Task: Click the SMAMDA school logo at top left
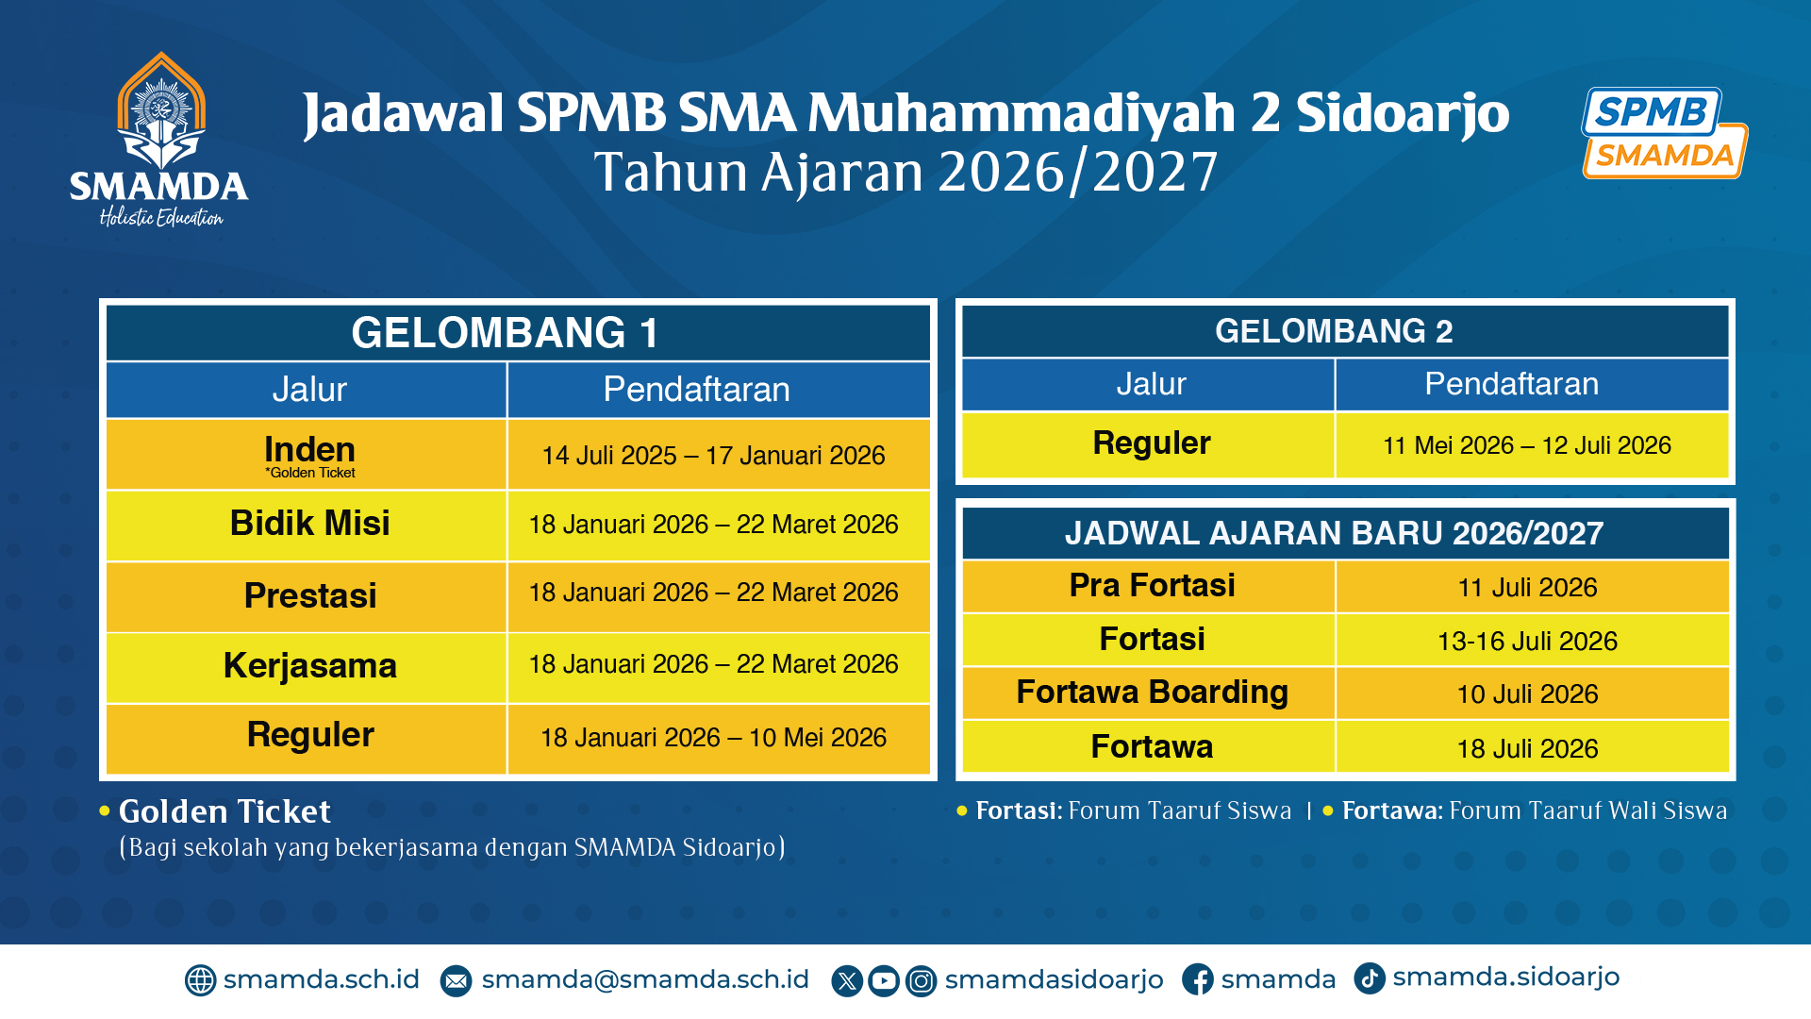click(x=159, y=140)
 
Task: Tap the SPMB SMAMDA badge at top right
click(x=1665, y=133)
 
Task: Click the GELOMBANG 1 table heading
click(x=505, y=333)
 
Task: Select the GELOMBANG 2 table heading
click(x=1334, y=331)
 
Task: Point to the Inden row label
click(x=309, y=450)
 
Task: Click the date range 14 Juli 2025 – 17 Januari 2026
click(x=713, y=456)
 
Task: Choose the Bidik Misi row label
click(x=309, y=523)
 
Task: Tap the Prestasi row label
click(x=310, y=595)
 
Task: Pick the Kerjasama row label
click(x=310, y=666)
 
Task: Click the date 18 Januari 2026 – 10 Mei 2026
click(x=713, y=738)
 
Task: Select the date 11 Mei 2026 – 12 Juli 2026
click(x=1527, y=445)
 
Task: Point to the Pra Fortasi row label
click(x=1152, y=586)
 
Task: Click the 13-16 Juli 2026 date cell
click(x=1527, y=642)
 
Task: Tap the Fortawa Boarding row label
click(x=1152, y=693)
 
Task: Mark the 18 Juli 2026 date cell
click(x=1527, y=749)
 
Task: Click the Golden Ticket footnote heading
click(x=224, y=811)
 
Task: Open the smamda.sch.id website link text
click(x=321, y=979)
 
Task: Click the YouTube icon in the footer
click(x=884, y=981)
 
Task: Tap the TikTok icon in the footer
click(x=1370, y=978)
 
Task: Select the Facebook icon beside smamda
click(x=1198, y=980)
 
